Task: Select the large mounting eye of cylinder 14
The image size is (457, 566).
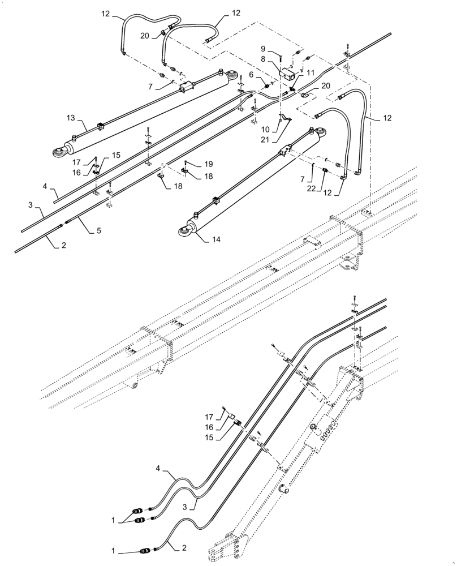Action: [184, 230]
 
